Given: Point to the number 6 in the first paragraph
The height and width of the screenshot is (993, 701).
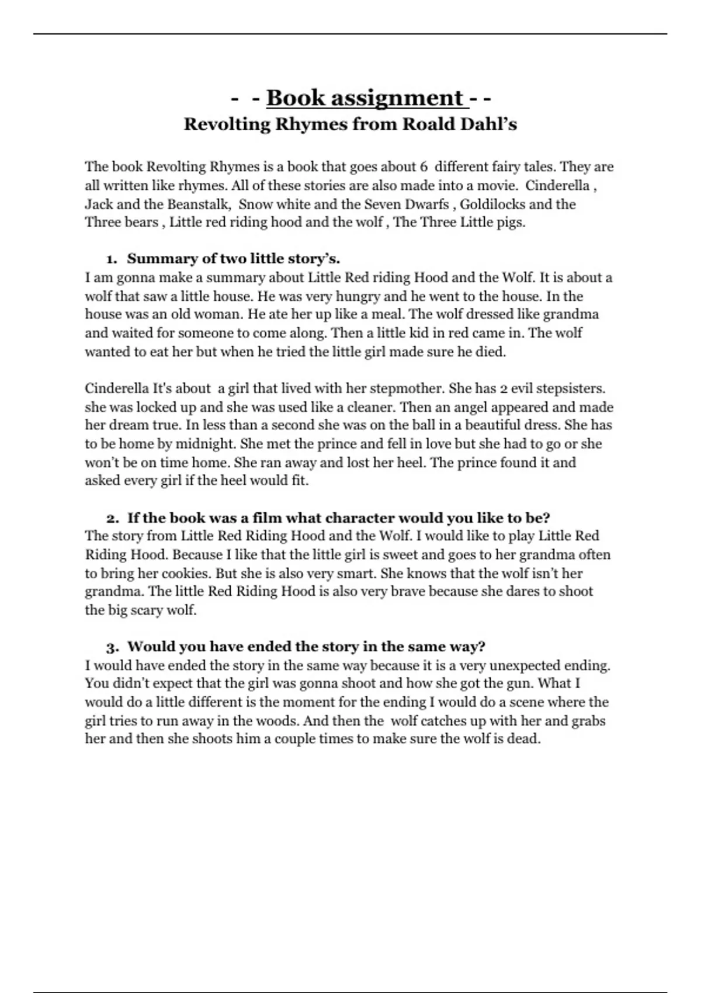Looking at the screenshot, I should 423,167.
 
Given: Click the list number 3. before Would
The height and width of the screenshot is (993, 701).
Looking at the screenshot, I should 113,647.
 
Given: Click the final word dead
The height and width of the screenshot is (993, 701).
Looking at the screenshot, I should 525,739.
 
